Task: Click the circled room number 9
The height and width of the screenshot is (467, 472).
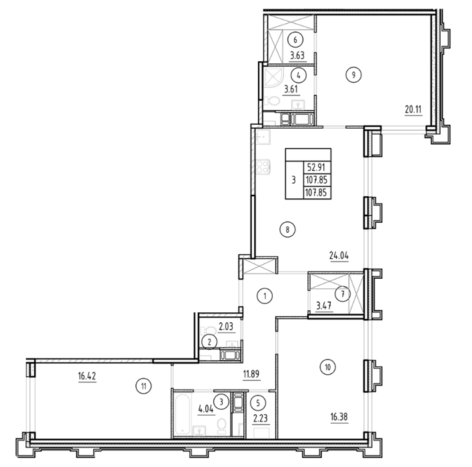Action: (x=353, y=75)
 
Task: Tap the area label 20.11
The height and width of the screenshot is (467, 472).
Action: (x=413, y=109)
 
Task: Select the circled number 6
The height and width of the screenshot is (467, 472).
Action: (x=295, y=39)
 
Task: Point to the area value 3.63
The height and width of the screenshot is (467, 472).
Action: (x=297, y=55)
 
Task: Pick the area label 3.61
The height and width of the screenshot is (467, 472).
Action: (x=291, y=89)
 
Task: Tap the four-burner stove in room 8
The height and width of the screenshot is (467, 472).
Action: (x=263, y=167)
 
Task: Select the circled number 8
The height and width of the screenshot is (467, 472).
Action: (x=287, y=229)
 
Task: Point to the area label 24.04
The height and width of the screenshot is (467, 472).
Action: (x=339, y=256)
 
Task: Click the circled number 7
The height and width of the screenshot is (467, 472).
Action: (x=343, y=294)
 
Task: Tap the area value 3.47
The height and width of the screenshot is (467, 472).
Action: (x=323, y=306)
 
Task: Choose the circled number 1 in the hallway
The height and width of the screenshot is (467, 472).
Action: (x=265, y=296)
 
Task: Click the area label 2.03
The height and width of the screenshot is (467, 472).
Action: (x=226, y=327)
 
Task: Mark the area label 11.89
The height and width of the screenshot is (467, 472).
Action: (x=251, y=374)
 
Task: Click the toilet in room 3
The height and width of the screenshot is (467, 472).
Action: (x=222, y=426)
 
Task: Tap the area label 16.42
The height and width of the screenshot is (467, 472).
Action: (x=87, y=376)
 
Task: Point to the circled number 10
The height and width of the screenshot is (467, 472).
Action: (x=328, y=368)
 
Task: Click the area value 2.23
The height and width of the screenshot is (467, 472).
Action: (x=261, y=418)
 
